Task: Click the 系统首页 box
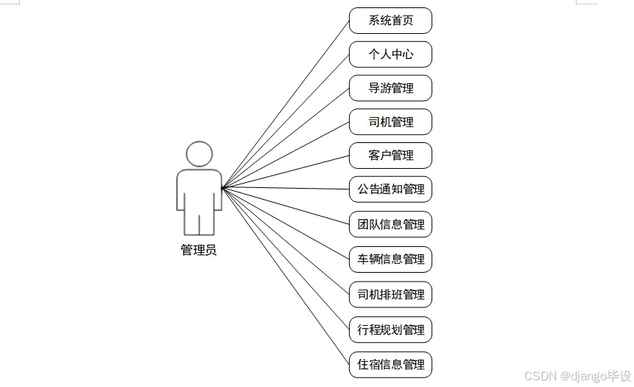tap(390, 21)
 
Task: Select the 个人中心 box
tap(390, 55)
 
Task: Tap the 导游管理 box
tap(390, 88)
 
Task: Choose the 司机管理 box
tap(390, 122)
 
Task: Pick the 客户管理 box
tap(390, 156)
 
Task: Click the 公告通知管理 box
tap(390, 189)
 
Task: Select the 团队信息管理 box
tap(390, 224)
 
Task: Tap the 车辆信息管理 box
tap(390, 259)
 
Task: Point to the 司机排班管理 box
tap(390, 294)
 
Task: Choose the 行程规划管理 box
tap(390, 330)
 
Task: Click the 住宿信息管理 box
tap(390, 364)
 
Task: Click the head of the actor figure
tap(199, 154)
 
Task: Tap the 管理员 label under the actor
tap(199, 251)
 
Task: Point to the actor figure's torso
tap(199, 188)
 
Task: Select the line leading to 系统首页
tap(286, 103)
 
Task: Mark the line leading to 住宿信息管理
tap(286, 276)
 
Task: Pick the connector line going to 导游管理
tap(286, 137)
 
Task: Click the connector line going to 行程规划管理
tap(286, 259)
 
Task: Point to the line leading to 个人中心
tap(286, 120)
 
